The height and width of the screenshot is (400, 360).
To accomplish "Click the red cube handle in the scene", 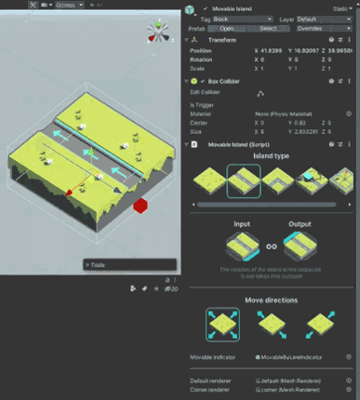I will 140,206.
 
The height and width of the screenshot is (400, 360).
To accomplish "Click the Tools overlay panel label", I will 99,264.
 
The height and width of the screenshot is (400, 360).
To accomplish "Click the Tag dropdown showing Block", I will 239,19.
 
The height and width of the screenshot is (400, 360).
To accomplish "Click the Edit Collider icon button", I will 260,93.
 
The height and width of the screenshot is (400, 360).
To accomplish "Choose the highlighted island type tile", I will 243,181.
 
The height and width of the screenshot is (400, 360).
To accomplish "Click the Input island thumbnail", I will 243,245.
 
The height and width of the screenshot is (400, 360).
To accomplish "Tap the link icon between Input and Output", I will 271,246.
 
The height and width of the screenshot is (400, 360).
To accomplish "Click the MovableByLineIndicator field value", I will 298,356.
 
